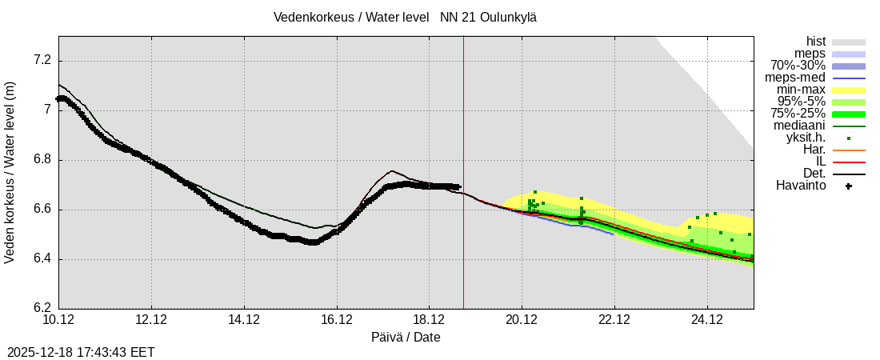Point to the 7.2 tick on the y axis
click(x=42, y=61)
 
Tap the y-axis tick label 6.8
click(x=42, y=160)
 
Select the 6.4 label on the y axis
click(x=42, y=259)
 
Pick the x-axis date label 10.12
click(x=58, y=320)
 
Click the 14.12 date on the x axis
click(x=244, y=320)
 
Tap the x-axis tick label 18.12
click(x=429, y=320)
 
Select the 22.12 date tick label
click(x=614, y=320)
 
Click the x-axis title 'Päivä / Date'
click(x=406, y=338)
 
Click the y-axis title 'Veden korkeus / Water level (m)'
click(x=10, y=172)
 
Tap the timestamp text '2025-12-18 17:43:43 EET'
click(x=81, y=352)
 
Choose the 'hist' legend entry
click(x=816, y=42)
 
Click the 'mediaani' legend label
click(x=799, y=126)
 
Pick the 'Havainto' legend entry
click(x=802, y=186)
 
